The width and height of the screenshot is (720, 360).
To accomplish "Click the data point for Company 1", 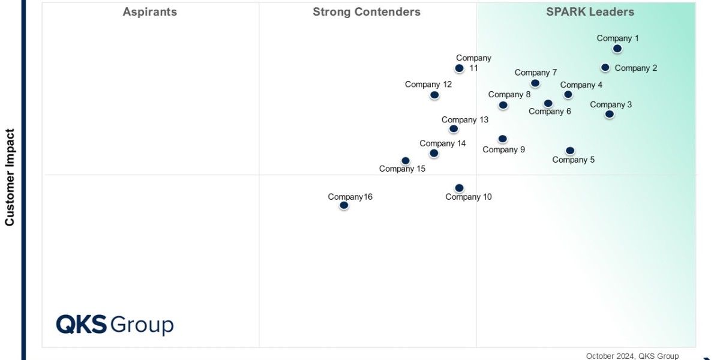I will [x=617, y=49].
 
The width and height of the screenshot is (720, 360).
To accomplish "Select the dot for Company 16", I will [x=344, y=205].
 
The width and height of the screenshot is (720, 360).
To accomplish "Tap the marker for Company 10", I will [x=459, y=188].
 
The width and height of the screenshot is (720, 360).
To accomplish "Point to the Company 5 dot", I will [x=570, y=151].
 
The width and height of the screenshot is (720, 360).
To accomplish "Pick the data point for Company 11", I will [x=459, y=68].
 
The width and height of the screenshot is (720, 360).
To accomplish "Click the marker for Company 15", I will [x=406, y=161].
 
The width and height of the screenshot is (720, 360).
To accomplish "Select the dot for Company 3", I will [x=610, y=114].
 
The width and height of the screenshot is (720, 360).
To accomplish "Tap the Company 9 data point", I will [x=503, y=139].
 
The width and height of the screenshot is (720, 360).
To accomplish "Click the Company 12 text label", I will [x=428, y=85].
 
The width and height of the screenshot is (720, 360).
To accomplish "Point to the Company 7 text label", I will [x=536, y=73].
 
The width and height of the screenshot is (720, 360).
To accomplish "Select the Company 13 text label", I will [x=465, y=120].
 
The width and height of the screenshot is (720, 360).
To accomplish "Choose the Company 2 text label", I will [x=636, y=68].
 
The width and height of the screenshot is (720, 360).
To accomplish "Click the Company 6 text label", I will [x=550, y=112].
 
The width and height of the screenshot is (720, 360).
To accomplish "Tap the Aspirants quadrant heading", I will [x=150, y=12].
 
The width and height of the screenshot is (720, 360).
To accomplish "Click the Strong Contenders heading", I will [x=367, y=12].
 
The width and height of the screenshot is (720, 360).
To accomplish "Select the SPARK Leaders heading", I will [x=590, y=12].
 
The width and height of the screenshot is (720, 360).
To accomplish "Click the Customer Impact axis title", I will [x=10, y=177].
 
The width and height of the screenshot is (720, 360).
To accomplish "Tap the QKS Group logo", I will [x=115, y=325].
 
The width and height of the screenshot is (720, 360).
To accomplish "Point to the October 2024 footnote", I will [x=632, y=356].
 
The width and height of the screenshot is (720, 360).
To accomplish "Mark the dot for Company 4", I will [x=568, y=94].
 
